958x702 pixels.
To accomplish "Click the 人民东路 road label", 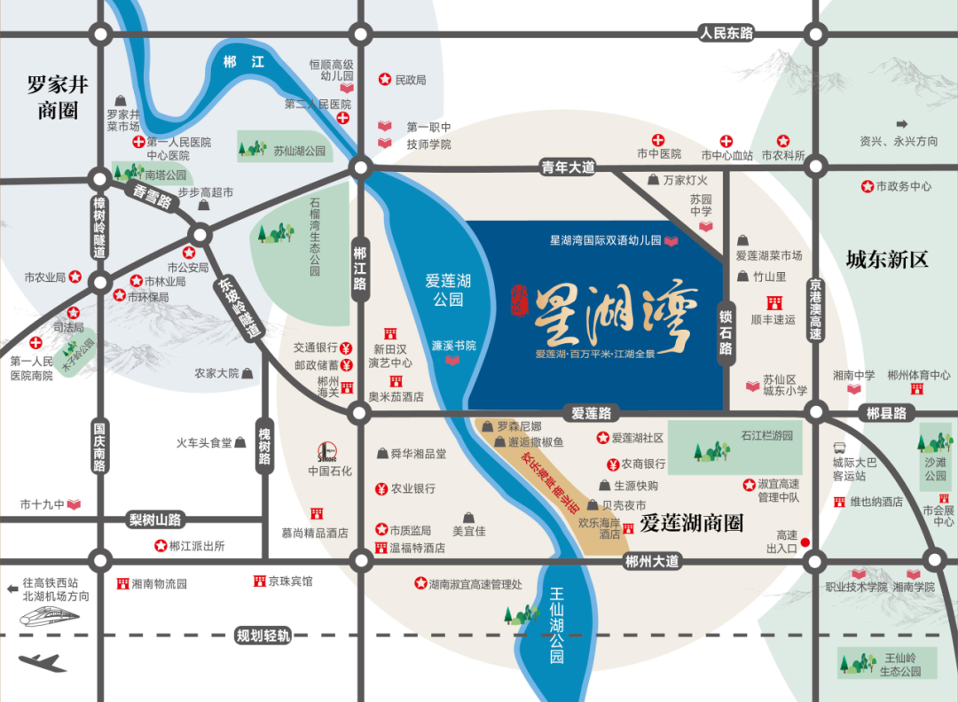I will pyautogui.click(x=726, y=33).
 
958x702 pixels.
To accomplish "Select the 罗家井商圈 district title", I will pyautogui.click(x=58, y=97).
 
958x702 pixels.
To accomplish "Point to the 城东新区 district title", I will pyautogui.click(x=886, y=260).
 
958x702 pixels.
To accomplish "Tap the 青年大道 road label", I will pyautogui.click(x=568, y=167).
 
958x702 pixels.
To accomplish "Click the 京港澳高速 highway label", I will pyautogui.click(x=815, y=309).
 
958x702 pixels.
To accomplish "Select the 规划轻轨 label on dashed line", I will pyautogui.click(x=263, y=636).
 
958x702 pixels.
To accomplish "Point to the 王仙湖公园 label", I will pyautogui.click(x=556, y=631).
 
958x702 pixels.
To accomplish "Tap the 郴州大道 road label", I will pyautogui.click(x=651, y=561).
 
